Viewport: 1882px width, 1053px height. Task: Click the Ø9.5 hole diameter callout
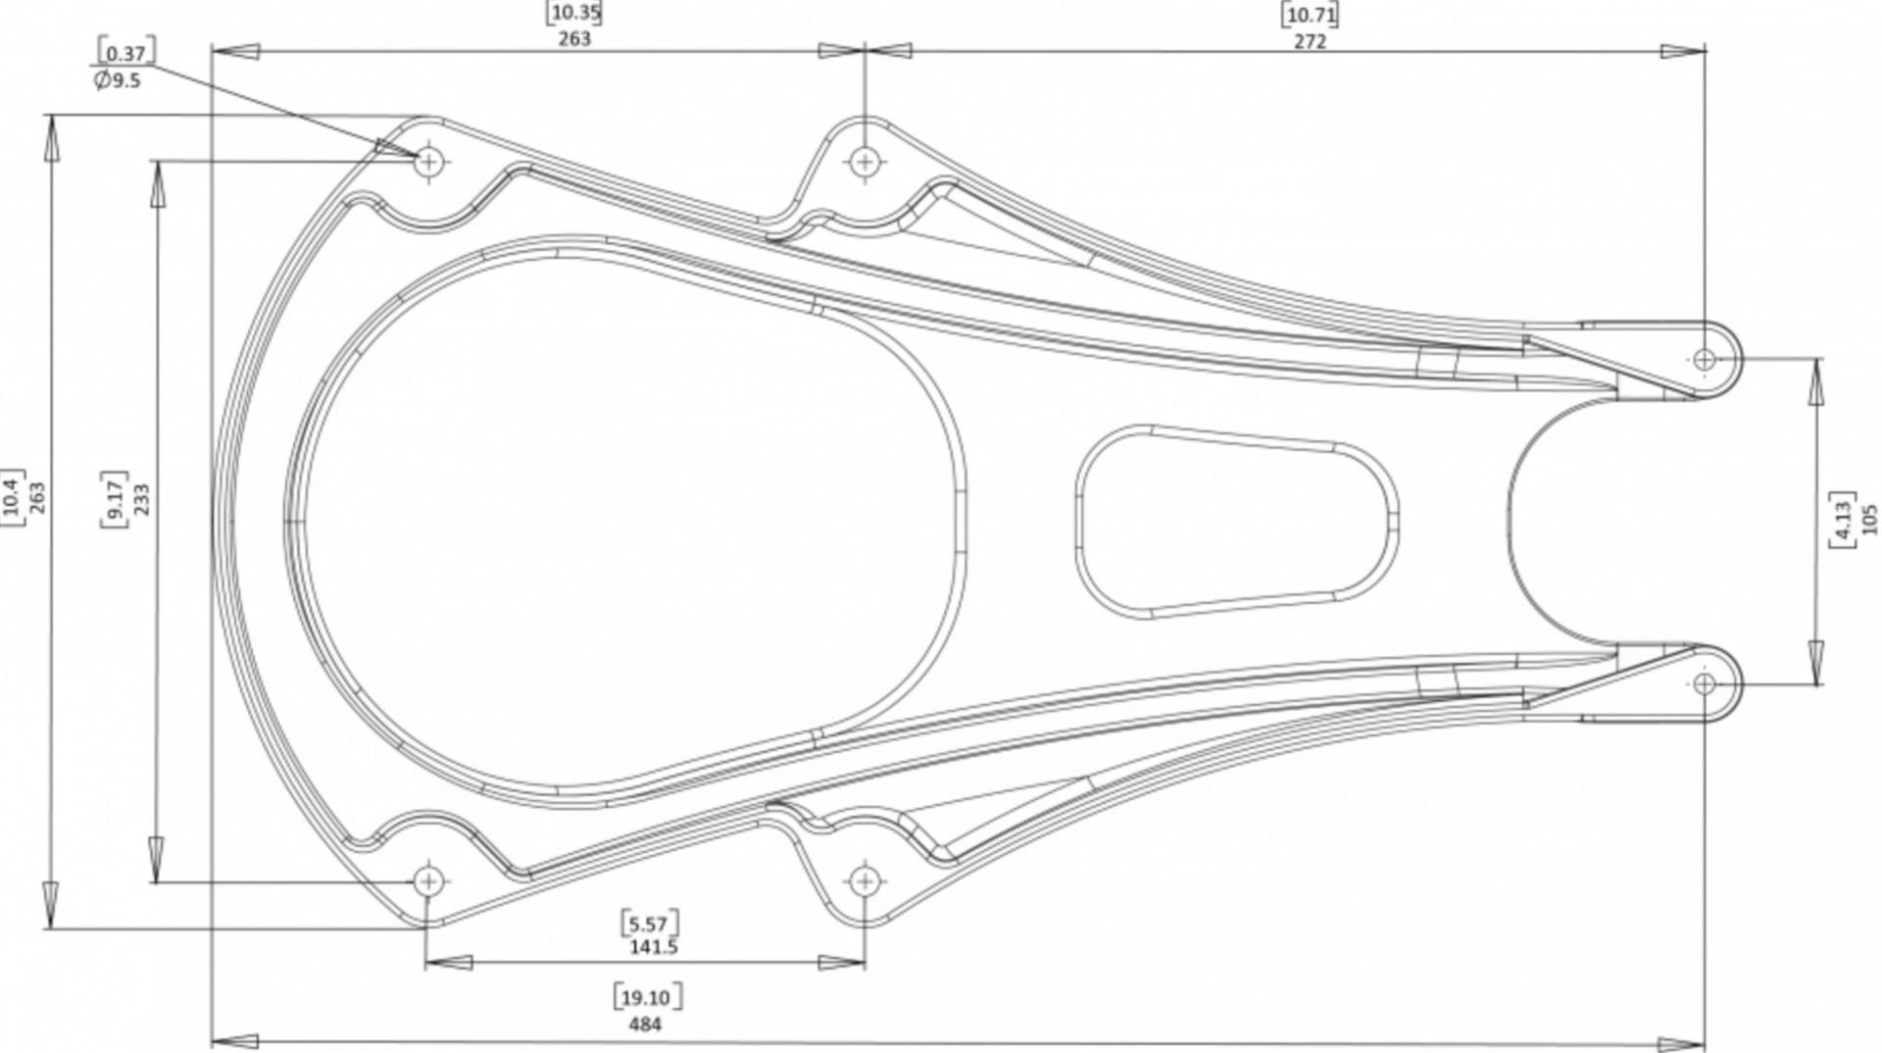pos(118,80)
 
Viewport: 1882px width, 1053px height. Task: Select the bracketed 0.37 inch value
pos(125,53)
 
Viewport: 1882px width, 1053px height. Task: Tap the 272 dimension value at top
pos(1310,41)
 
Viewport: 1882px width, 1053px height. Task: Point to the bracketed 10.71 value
pos(1310,15)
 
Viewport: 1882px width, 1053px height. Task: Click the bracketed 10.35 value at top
pos(574,13)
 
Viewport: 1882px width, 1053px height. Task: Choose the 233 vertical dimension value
pos(141,499)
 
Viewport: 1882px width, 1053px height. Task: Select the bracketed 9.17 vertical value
pos(115,499)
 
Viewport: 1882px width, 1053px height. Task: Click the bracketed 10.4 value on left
pos(12,498)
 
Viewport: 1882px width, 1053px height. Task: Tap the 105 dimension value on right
pos(1868,519)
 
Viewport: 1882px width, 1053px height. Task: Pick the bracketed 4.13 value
pos(1842,519)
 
